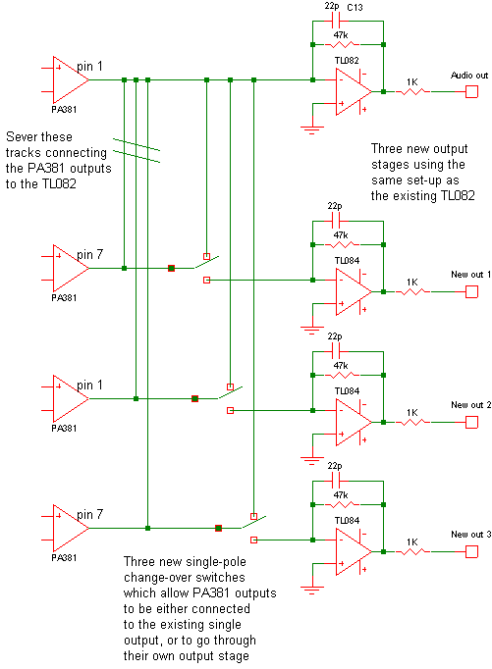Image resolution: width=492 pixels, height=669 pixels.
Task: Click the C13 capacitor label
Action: click(355, 7)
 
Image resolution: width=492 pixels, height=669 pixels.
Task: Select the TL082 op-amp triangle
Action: click(354, 92)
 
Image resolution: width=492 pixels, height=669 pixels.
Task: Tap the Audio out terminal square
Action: click(471, 92)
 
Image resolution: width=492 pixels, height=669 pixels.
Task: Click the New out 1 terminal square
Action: click(471, 292)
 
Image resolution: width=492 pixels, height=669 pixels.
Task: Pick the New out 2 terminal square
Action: click(471, 423)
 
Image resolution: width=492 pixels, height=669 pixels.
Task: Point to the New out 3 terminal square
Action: click(471, 551)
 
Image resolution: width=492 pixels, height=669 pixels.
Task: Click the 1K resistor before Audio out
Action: click(412, 91)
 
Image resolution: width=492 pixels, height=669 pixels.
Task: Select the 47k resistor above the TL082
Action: click(342, 44)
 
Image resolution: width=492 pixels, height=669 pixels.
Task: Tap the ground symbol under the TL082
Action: click(312, 130)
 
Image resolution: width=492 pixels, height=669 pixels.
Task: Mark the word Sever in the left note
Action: click(21, 137)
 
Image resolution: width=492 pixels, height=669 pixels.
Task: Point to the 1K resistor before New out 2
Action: click(413, 422)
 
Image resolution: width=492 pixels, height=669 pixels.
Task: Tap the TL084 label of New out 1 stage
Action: click(347, 261)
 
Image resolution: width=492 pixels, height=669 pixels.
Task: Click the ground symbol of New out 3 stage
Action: click(312, 591)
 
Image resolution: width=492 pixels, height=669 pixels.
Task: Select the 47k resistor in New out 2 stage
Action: click(342, 375)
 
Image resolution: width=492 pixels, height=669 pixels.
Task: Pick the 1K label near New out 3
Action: click(412, 541)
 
